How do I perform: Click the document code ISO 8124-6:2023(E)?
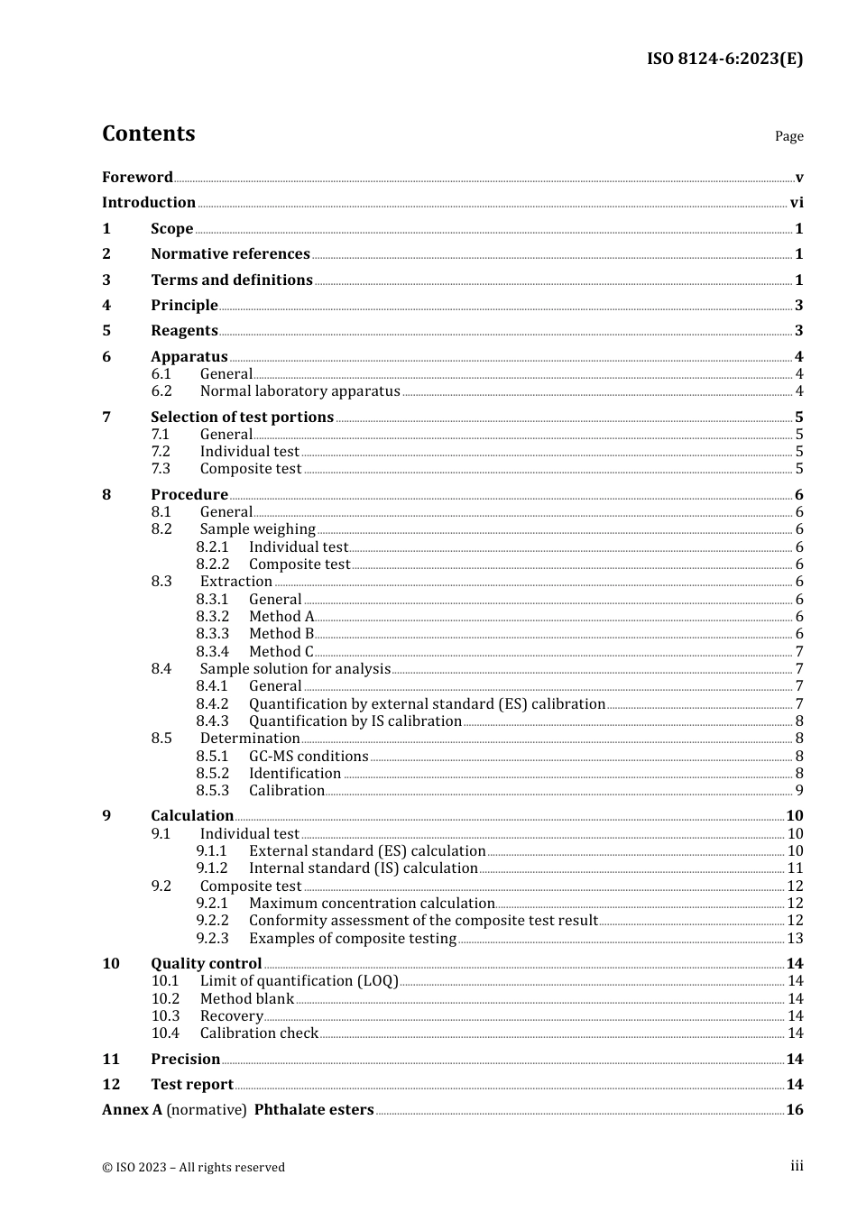coord(724,59)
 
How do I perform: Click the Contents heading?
coord(148,133)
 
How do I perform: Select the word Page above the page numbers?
coord(788,136)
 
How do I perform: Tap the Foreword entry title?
coord(137,177)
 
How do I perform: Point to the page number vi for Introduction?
coord(796,203)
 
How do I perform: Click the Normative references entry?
coord(230,254)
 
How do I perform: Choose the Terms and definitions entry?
coord(232,280)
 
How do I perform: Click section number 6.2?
coord(161,391)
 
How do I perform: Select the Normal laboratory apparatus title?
coord(299,391)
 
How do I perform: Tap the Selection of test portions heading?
coord(242,417)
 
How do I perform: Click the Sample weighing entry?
coord(257,529)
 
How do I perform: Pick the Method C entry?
coord(281,651)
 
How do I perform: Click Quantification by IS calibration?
coord(355,721)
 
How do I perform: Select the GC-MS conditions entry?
coord(309,756)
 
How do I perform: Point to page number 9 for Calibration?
coord(798,791)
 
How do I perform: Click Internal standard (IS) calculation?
coord(363,868)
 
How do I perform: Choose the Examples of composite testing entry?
coord(352,938)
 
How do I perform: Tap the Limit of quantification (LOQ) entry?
coord(299,981)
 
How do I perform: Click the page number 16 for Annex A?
coord(794,1110)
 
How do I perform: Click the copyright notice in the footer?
coord(193,1167)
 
